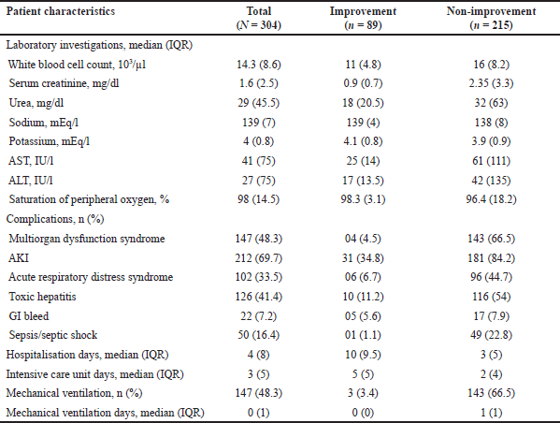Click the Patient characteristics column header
click(x=61, y=11)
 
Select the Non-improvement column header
click(x=491, y=18)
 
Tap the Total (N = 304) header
click(x=259, y=18)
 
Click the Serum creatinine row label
click(x=64, y=83)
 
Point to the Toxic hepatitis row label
click(x=42, y=297)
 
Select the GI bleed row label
click(x=29, y=315)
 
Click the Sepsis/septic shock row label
click(x=53, y=335)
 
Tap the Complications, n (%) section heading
click(x=55, y=219)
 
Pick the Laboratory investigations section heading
click(x=99, y=45)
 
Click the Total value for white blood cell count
click(x=259, y=65)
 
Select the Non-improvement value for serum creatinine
click(x=491, y=83)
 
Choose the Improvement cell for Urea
click(x=363, y=103)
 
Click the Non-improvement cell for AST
click(x=491, y=161)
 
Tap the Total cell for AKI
click(x=259, y=257)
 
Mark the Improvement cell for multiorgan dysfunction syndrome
click(x=363, y=239)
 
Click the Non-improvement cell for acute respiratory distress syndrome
click(x=491, y=277)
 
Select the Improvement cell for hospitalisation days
click(x=363, y=355)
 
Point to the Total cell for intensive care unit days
click(x=259, y=374)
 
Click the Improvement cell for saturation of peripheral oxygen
click(x=363, y=199)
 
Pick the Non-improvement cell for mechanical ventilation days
click(x=491, y=413)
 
